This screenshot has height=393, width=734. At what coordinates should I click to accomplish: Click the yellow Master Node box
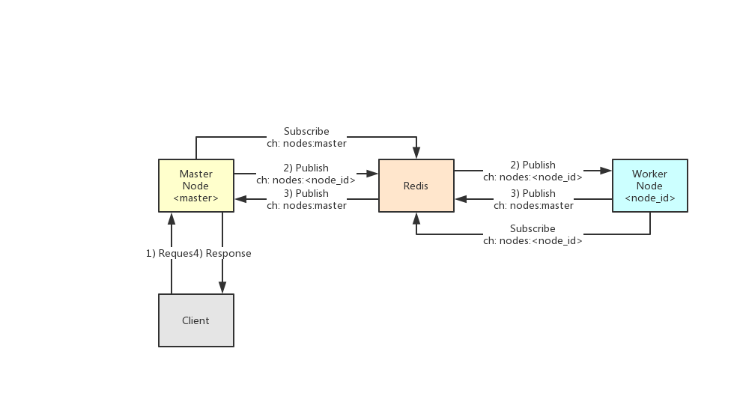196,186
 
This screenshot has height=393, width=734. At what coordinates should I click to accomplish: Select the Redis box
416,186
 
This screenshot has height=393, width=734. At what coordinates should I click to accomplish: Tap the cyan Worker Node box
649,186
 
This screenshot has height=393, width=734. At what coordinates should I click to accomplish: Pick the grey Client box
196,320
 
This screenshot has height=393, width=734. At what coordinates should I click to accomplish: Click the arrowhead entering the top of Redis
416,153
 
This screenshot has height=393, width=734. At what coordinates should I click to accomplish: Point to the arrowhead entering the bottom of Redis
416,218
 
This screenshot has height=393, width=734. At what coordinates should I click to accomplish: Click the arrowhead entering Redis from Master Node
372,174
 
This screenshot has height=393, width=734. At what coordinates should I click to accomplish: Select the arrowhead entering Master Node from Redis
240,199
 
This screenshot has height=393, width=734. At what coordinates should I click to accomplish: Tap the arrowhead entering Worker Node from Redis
606,171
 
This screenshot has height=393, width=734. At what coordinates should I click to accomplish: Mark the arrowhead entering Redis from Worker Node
461,199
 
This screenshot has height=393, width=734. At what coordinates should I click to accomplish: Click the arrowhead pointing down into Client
222,288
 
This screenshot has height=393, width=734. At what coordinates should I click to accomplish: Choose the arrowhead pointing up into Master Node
172,218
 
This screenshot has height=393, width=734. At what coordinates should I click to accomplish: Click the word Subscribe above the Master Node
306,132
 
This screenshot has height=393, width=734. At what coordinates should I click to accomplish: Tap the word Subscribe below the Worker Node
533,228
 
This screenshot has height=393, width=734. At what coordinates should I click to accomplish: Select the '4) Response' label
223,253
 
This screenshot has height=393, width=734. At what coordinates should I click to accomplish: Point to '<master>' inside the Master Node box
196,198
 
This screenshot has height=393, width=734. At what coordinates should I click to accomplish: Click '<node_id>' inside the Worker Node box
650,198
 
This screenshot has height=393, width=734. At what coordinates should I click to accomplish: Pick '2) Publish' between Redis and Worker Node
533,165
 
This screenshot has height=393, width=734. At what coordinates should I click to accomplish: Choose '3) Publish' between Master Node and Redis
306,193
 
